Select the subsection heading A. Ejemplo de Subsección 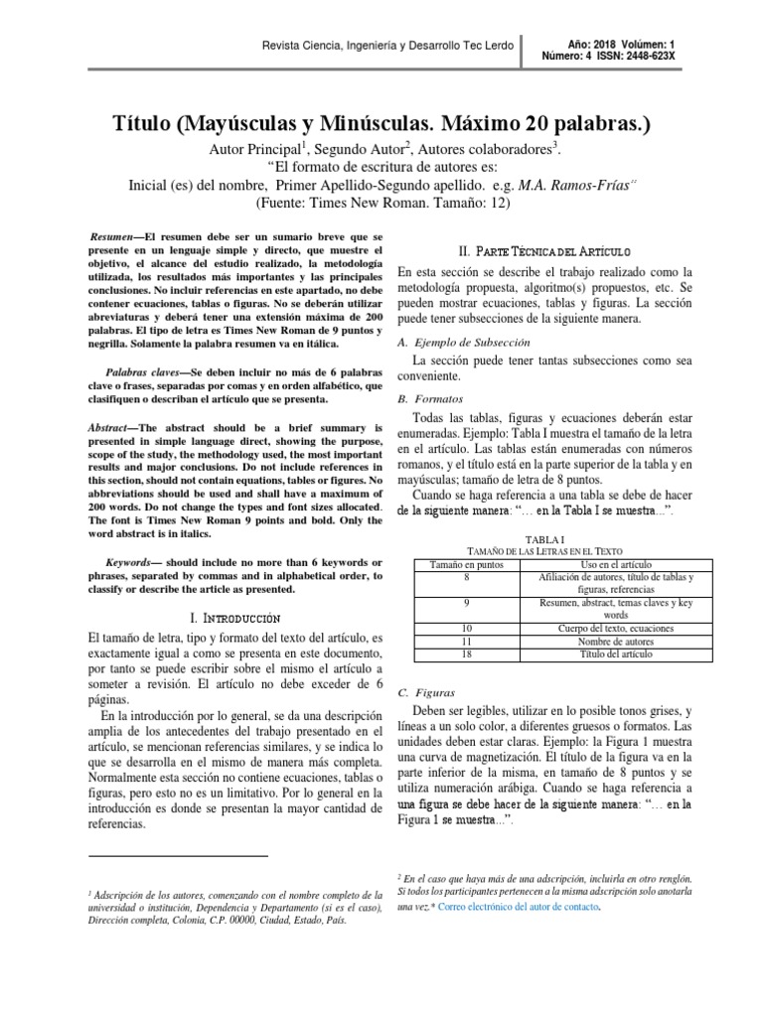pyautogui.click(x=464, y=342)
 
